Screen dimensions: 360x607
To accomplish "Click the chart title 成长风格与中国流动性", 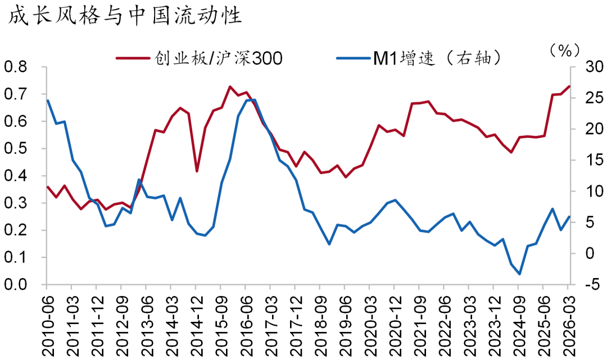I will tap(124, 16).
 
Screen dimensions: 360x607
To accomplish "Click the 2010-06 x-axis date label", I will tap(47, 320).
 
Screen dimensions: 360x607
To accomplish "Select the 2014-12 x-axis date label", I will tap(196, 320).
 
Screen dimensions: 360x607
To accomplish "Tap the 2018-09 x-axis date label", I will tap(320, 320).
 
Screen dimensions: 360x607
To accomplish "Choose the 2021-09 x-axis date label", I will tap(419, 320).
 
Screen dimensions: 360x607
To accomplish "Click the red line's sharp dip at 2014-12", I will tap(197, 171).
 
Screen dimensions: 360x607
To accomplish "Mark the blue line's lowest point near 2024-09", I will tap(520, 274).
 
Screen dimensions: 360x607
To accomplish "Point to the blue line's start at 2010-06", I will tap(47, 101).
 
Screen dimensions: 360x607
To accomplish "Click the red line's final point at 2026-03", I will tap(569, 86).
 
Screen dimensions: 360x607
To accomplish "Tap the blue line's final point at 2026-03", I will tap(569, 216).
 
